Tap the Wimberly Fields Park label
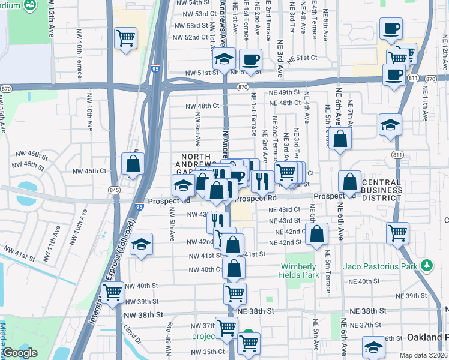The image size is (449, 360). click(297, 271)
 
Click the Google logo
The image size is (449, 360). click(20, 353)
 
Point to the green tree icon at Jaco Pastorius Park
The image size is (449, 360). click(427, 265)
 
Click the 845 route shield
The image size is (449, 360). click(114, 190)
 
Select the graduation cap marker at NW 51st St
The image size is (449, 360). click(223, 59)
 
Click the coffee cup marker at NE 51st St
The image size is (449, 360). click(250, 59)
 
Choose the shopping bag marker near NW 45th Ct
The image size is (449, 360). click(133, 163)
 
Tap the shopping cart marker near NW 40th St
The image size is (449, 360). click(113, 293)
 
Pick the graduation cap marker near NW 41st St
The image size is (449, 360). click(141, 245)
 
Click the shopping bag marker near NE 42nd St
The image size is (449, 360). click(316, 235)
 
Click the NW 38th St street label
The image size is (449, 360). click(143, 314)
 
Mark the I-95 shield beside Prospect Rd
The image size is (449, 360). click(139, 206)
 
